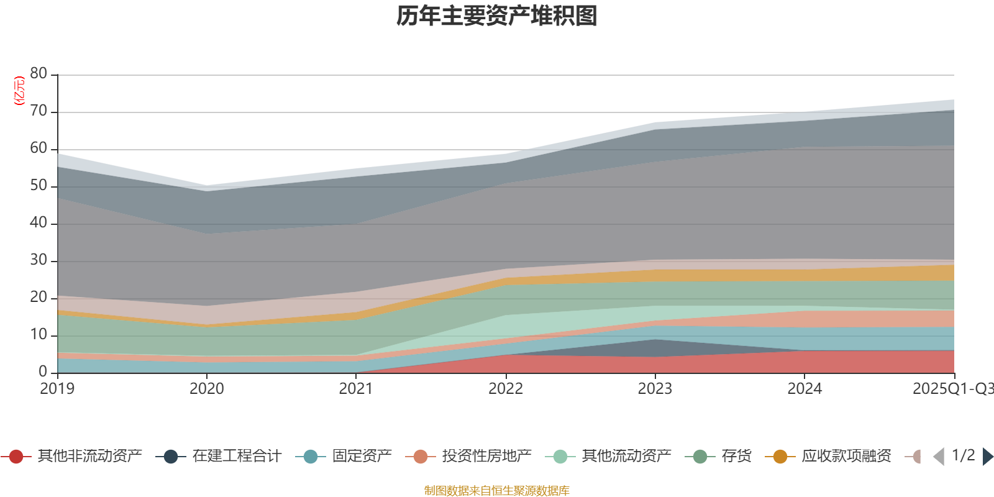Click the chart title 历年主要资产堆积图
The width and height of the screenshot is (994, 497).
[497, 16]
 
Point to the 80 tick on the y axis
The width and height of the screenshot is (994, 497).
[39, 74]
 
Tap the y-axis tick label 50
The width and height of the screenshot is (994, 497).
[39, 186]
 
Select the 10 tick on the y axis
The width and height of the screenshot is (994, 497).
[39, 335]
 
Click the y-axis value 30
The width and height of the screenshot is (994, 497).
[39, 260]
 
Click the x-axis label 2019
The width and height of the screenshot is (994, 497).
[57, 389]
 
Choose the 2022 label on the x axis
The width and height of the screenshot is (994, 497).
[506, 389]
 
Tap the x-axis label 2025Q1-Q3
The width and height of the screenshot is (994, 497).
[952, 389]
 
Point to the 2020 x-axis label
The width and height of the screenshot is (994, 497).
[207, 389]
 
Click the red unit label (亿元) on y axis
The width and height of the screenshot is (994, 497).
[19, 91]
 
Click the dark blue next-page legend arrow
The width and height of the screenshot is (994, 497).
[988, 457]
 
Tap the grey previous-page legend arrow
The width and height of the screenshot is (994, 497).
[939, 457]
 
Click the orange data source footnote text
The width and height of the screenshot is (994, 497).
[497, 491]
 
